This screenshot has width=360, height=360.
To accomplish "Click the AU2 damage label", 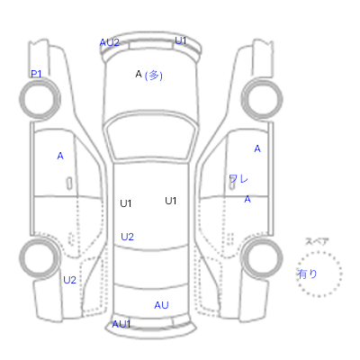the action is [110, 42].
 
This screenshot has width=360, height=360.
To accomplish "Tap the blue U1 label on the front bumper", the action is [181, 40].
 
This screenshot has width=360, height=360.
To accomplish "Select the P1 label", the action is [36, 74].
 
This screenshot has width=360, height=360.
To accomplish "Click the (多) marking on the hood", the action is [154, 76].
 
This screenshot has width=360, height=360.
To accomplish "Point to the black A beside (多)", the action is [139, 74].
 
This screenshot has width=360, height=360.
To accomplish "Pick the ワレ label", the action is [238, 179].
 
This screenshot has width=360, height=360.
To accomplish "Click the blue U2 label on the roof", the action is [127, 237].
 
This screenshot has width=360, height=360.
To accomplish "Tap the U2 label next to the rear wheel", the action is [69, 280].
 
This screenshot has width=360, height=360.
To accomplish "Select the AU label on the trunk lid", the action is [161, 305].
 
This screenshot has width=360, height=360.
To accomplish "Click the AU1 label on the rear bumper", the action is [121, 324].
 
